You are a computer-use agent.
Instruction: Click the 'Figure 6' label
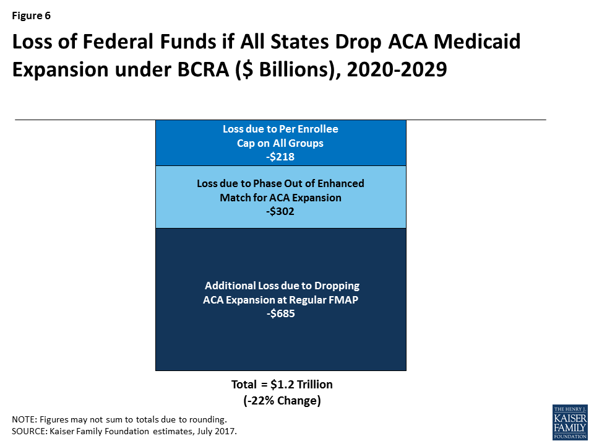tap(31, 15)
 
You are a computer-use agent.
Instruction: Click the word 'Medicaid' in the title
tap(477, 42)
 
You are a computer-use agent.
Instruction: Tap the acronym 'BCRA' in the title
tap(203, 69)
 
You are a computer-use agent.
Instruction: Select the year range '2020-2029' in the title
tap(397, 69)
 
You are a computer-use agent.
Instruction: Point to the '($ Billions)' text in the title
tap(288, 70)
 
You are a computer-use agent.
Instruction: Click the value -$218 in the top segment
tap(280, 157)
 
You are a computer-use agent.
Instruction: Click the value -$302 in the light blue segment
tap(280, 211)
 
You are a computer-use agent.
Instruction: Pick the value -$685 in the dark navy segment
tap(281, 313)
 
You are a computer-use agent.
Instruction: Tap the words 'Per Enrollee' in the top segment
tap(308, 129)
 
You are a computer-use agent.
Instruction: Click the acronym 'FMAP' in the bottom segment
tap(343, 300)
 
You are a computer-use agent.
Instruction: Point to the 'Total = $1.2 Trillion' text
tap(282, 384)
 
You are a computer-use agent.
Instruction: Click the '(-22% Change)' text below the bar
tap(282, 401)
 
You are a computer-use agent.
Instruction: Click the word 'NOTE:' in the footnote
tap(25, 419)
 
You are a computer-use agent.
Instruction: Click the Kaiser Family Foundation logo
tap(570, 422)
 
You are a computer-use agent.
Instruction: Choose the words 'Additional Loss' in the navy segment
tap(230, 286)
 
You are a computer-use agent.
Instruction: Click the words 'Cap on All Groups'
tap(280, 143)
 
